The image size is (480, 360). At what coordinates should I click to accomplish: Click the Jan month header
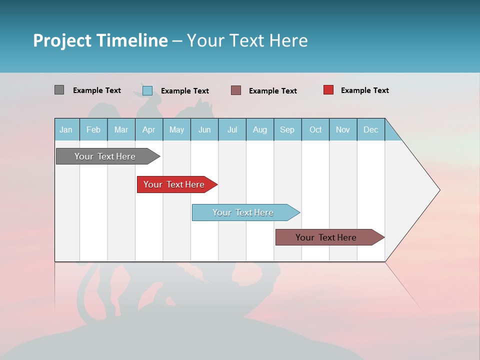tap(66, 129)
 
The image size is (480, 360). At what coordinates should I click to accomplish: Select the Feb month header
tap(93, 129)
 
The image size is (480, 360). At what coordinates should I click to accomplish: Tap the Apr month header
tap(148, 129)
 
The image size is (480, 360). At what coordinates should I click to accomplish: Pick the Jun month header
tap(204, 129)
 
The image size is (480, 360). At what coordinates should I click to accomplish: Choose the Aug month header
tap(260, 129)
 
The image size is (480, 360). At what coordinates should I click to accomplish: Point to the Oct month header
tap(315, 129)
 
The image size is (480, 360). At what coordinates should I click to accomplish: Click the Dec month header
tap(370, 129)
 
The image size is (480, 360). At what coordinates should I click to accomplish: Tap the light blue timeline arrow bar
tap(243, 212)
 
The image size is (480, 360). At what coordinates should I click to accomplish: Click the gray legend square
tap(59, 90)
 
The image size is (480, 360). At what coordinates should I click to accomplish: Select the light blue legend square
tap(147, 90)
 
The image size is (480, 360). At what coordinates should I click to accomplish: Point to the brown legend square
tap(236, 90)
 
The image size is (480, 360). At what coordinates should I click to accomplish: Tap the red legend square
tap(328, 90)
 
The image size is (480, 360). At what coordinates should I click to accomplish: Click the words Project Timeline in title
tap(100, 40)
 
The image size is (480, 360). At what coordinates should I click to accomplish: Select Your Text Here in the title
tap(247, 40)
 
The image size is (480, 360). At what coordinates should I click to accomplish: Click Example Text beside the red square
tap(364, 90)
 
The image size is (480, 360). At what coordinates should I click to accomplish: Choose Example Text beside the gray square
tap(96, 90)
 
